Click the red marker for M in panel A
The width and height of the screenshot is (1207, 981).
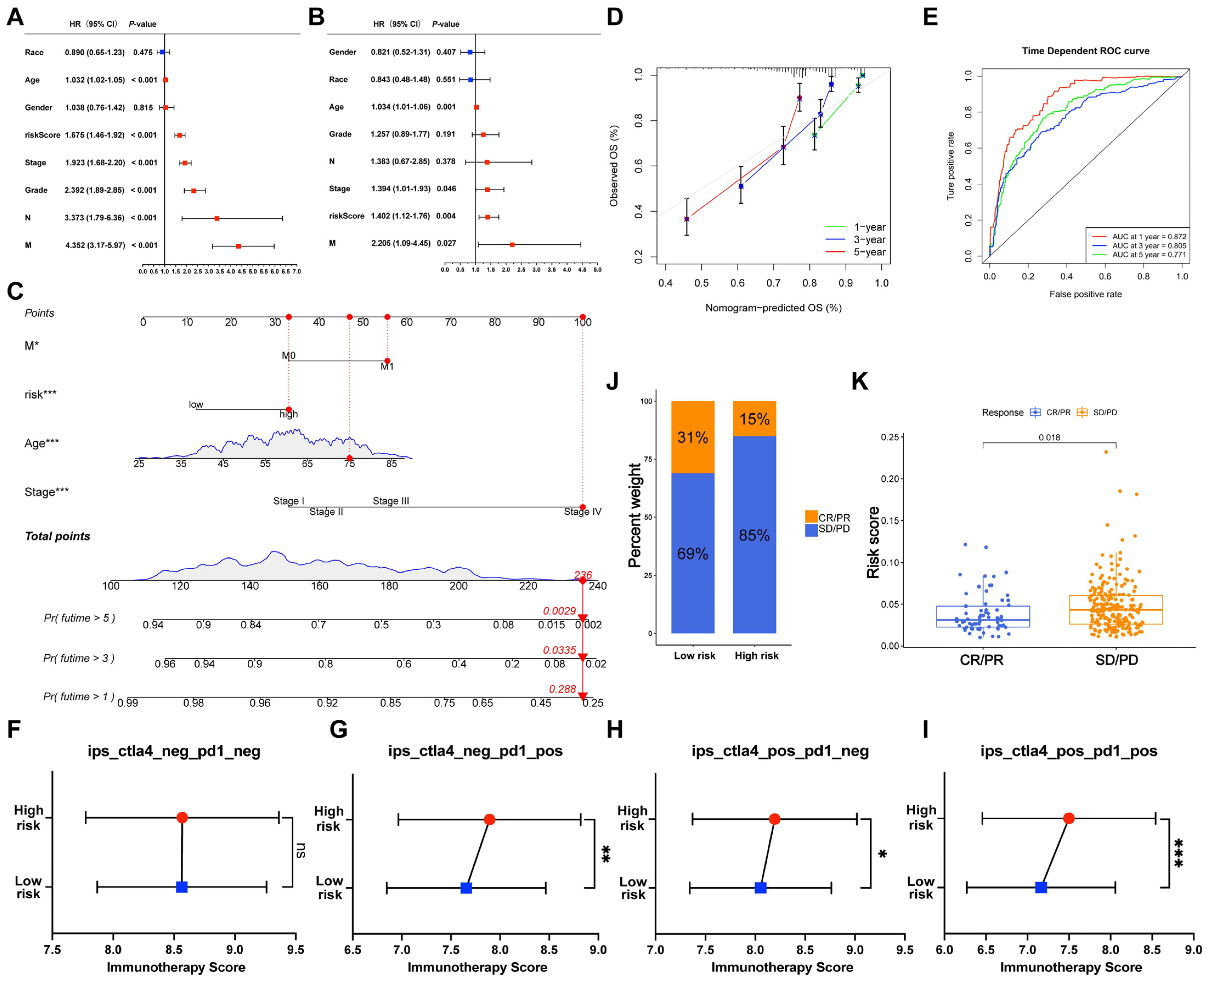click(x=238, y=246)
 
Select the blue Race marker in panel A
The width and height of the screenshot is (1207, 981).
click(x=162, y=52)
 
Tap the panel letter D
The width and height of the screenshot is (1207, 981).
click(x=615, y=17)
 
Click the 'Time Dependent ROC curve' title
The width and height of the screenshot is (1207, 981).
click(x=1085, y=51)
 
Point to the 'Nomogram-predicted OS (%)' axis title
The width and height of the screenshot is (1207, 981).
click(x=773, y=308)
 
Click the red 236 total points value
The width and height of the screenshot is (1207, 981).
click(x=583, y=575)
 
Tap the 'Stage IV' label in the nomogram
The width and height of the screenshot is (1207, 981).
click(x=582, y=512)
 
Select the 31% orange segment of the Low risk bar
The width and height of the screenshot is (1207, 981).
click(x=693, y=437)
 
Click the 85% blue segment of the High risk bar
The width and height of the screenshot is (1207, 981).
click(x=754, y=535)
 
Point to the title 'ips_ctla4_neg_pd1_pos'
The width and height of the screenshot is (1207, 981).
click(x=475, y=751)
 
